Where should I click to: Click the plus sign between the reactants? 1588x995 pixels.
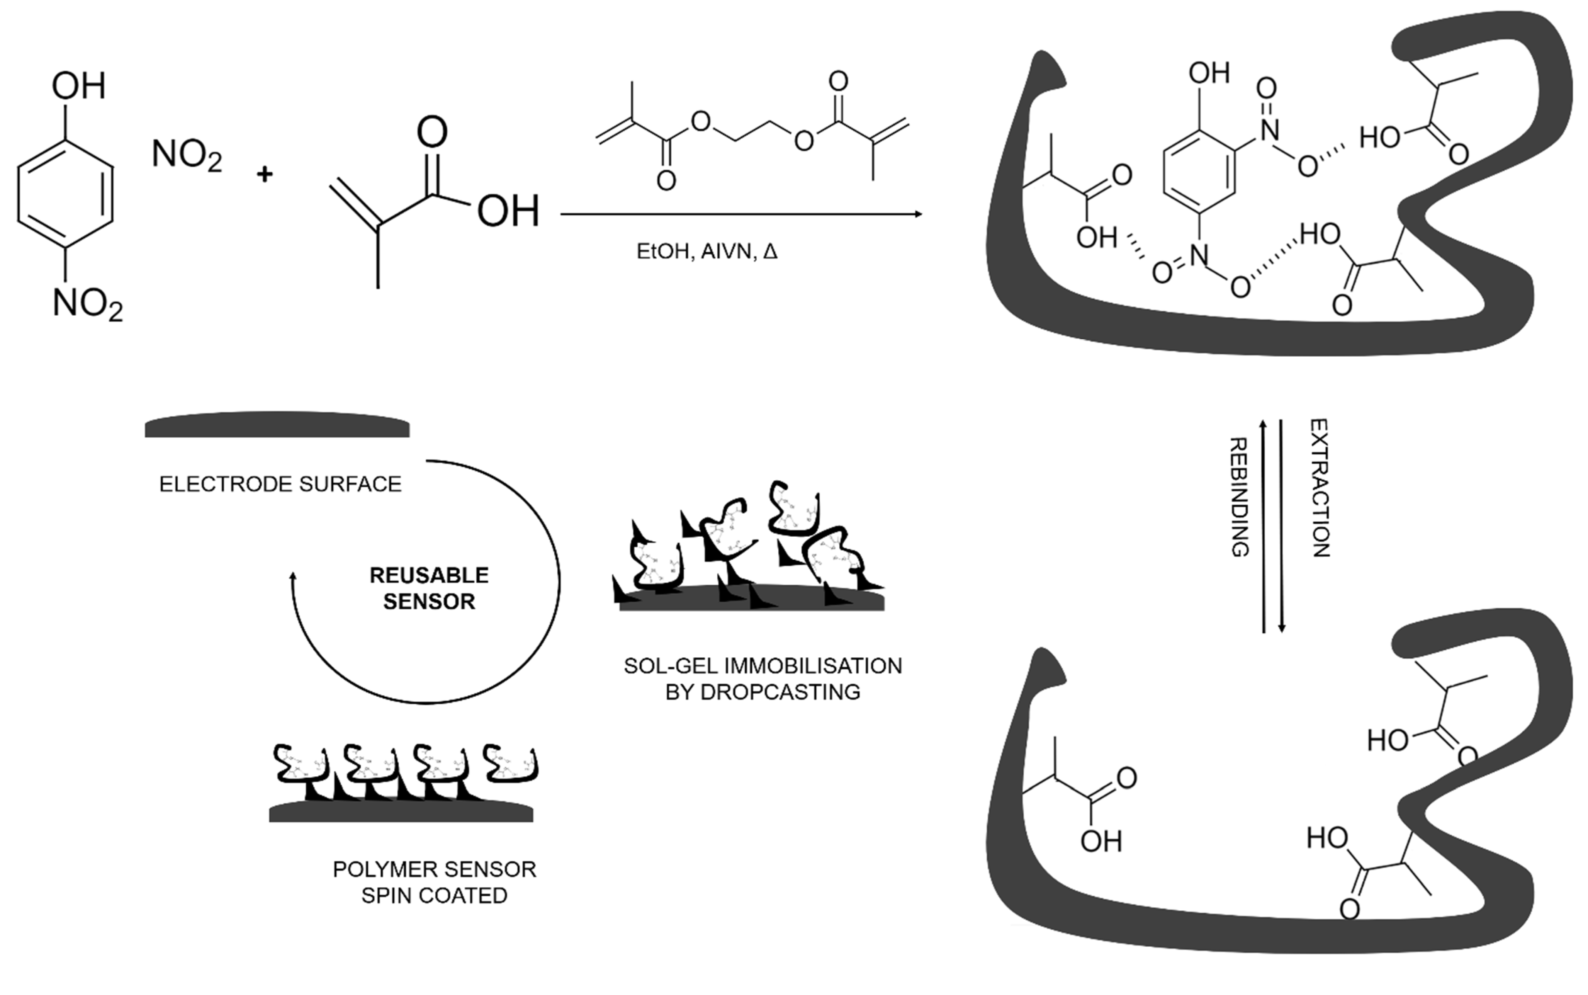pos(265,174)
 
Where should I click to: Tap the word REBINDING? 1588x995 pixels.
pos(1239,498)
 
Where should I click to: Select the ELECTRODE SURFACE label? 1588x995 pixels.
pos(280,484)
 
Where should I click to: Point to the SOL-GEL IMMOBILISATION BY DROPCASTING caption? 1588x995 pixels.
pos(763,679)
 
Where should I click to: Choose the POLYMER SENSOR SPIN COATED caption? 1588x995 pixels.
pos(434,882)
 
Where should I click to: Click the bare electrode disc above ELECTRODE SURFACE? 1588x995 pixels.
pos(277,426)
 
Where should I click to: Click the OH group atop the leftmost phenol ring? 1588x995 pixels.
pos(78,85)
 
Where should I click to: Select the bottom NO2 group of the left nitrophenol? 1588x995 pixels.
pos(87,304)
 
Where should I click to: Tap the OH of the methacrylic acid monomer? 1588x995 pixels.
pos(508,211)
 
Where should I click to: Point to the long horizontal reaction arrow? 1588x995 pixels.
pos(740,214)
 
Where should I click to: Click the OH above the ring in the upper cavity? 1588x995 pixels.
pos(1209,73)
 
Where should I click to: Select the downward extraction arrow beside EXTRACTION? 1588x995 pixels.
pos(1281,526)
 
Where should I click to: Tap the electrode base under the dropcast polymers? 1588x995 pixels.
pos(752,602)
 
